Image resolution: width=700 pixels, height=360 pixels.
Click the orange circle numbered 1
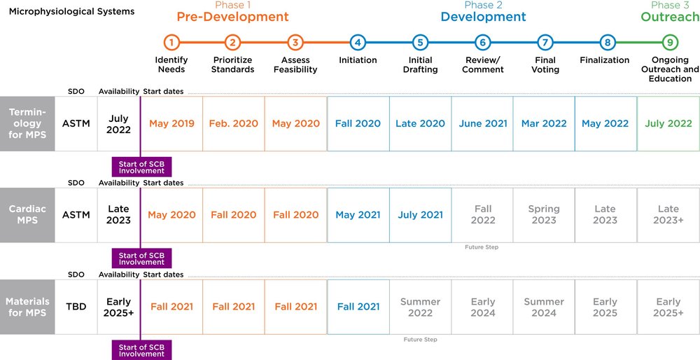click(x=171, y=43)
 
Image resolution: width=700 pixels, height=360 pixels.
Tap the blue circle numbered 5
click(x=420, y=43)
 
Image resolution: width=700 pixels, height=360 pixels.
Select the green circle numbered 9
click(x=669, y=43)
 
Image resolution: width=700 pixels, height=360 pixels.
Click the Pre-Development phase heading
click(x=232, y=17)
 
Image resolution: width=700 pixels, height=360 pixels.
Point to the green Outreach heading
click(x=669, y=17)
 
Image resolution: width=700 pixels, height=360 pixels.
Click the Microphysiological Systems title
click(x=71, y=12)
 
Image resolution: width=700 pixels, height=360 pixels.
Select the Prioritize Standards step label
click(x=233, y=65)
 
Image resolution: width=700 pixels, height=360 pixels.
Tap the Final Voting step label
click(x=545, y=65)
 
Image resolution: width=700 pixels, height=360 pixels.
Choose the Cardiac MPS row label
click(x=27, y=215)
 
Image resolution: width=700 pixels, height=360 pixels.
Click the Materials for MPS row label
click(x=27, y=307)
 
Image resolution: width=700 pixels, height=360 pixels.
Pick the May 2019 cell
click(x=171, y=124)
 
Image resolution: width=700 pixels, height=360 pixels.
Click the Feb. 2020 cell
click(x=233, y=124)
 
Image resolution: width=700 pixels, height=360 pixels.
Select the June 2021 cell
click(x=482, y=124)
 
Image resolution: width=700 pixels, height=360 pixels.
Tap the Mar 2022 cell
click(x=544, y=124)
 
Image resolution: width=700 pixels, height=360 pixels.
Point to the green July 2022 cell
click(x=668, y=124)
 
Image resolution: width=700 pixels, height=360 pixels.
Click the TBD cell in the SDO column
click(x=76, y=307)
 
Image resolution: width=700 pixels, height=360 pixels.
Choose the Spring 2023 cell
click(x=544, y=214)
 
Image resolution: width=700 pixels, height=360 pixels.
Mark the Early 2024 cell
click(x=482, y=307)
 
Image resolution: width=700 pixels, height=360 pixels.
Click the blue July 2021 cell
click(x=420, y=215)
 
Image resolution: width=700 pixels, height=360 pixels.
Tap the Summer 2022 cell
click(x=420, y=307)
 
